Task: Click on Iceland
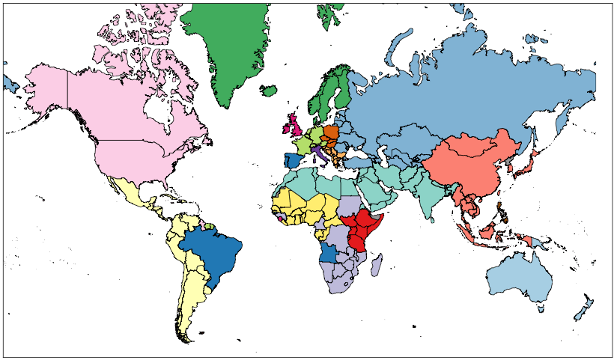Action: tap(269, 91)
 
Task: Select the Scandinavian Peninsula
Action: tap(332, 94)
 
